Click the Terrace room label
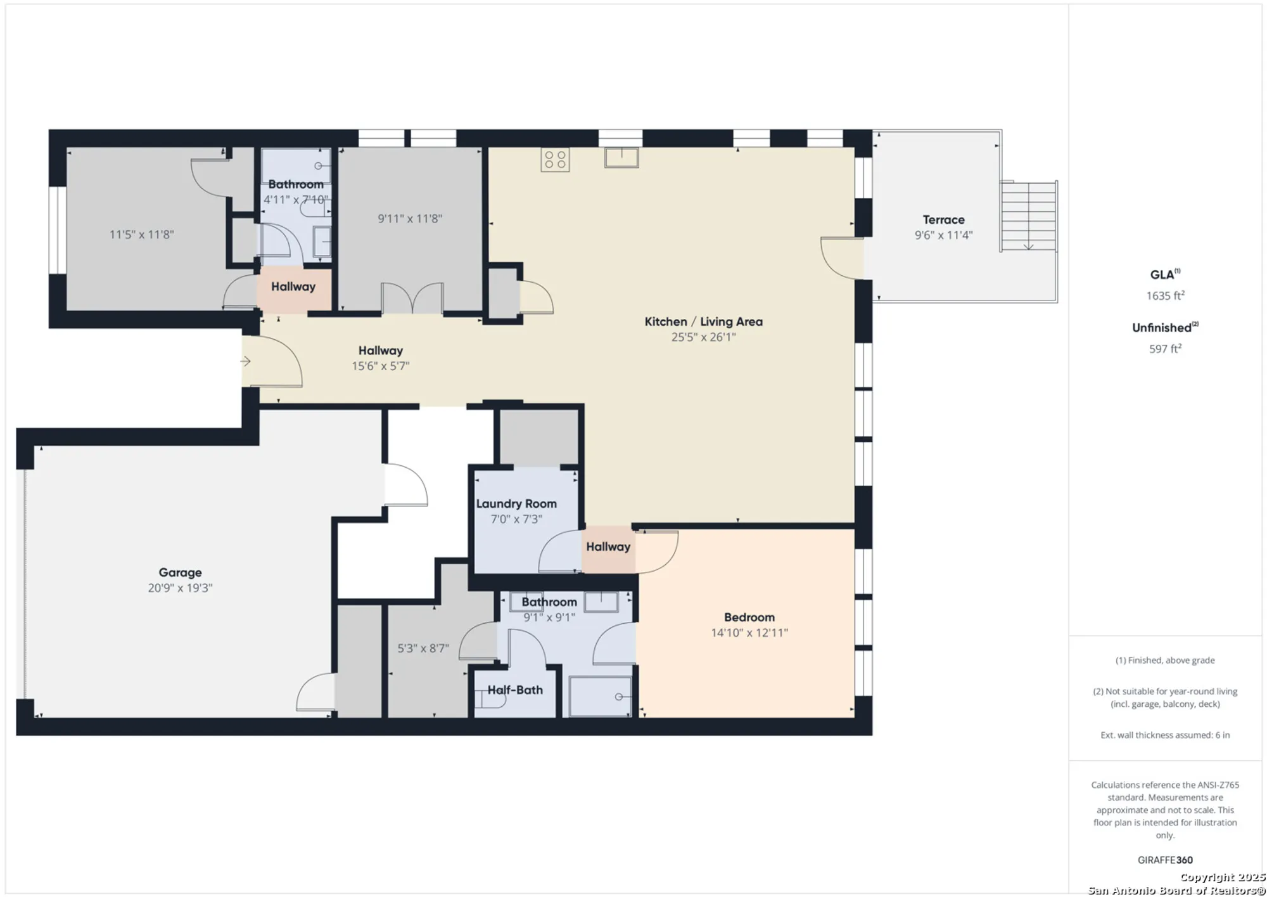(943, 220)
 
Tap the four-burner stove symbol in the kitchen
(555, 160)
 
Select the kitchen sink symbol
(621, 157)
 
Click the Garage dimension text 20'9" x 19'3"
(180, 588)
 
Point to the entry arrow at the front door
(246, 361)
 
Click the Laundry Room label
(516, 503)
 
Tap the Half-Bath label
(514, 690)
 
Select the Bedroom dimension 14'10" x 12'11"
(749, 633)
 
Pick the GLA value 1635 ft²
(1165, 295)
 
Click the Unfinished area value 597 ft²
(1165, 349)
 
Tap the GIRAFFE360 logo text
(1165, 860)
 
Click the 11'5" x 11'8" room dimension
(141, 235)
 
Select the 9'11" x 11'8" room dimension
(410, 219)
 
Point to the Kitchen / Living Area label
(703, 321)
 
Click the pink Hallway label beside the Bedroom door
(608, 546)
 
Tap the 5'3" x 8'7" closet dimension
(423, 649)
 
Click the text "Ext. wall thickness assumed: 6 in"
(1165, 735)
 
